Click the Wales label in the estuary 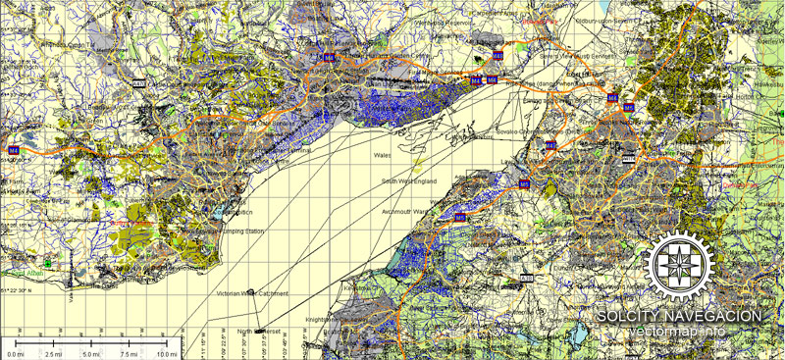[x=383, y=155]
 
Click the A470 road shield [x=138, y=84]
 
